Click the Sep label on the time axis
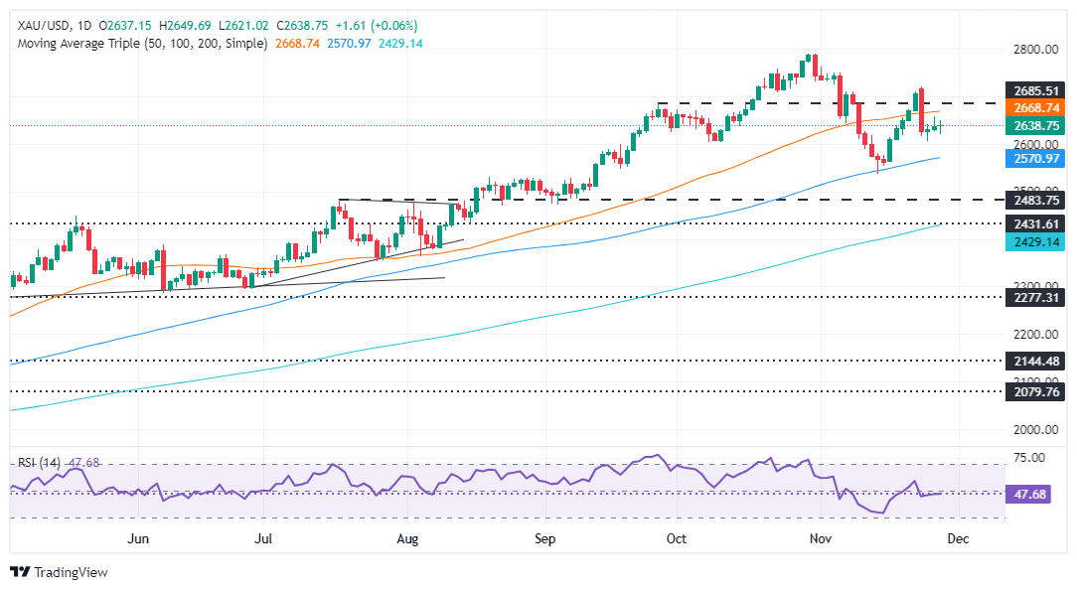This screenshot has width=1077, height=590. click(545, 538)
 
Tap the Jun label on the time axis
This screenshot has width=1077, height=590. click(139, 538)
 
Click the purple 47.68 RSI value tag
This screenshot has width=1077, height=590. click(1033, 494)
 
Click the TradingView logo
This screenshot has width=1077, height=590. click(59, 572)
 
